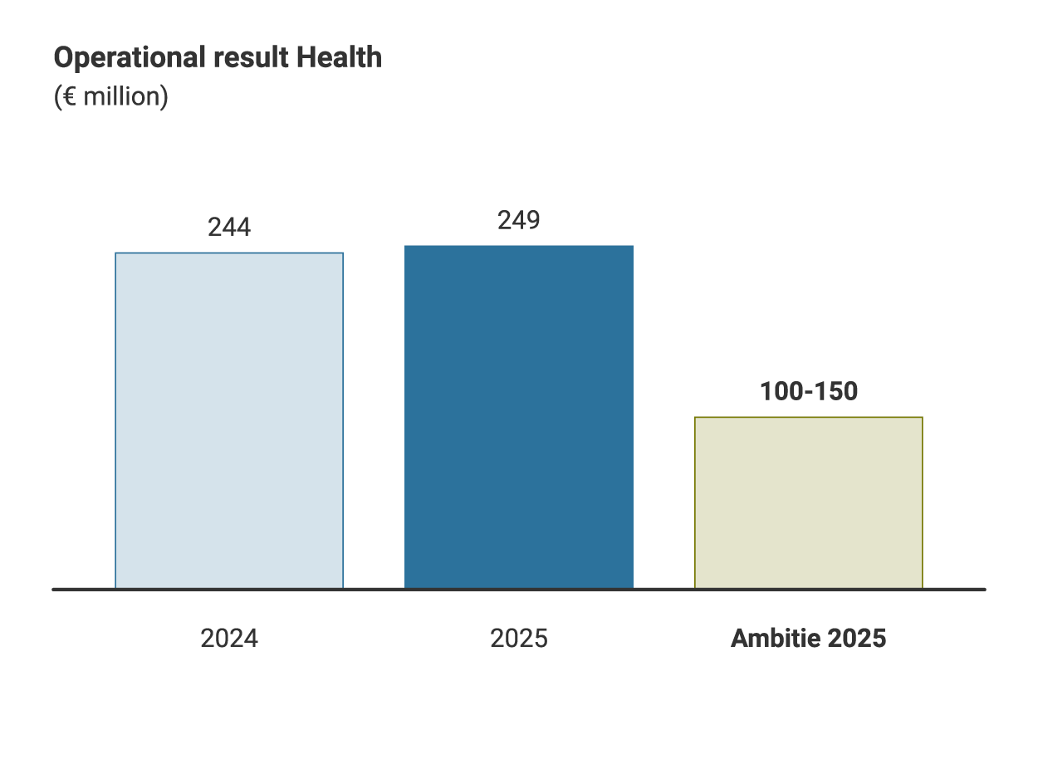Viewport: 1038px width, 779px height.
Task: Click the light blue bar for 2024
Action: click(229, 420)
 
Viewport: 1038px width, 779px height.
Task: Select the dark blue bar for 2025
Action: click(519, 417)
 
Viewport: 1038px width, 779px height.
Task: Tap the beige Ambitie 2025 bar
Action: click(808, 502)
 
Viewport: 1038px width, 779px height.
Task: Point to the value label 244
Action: click(229, 228)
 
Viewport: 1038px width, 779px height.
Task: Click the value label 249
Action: click(519, 221)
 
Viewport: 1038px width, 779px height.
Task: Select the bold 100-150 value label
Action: click(808, 392)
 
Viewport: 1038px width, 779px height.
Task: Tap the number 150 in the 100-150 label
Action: click(837, 392)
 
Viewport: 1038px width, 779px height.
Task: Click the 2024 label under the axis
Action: click(229, 639)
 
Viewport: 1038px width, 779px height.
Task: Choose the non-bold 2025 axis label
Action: click(519, 639)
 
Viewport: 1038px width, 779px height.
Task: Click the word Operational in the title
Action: click(119, 58)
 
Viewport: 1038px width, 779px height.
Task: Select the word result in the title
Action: click(240, 58)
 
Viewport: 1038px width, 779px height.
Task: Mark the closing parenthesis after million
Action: click(164, 97)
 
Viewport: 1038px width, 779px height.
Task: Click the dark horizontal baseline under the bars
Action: click(519, 590)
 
